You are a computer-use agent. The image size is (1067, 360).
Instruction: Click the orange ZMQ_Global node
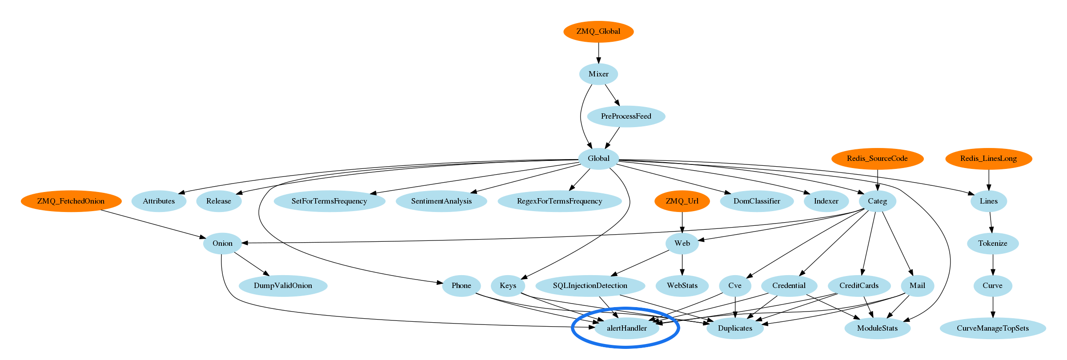coord(598,32)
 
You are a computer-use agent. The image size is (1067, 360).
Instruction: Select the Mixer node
coord(598,74)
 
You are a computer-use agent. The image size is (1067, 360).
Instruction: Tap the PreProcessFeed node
coord(626,116)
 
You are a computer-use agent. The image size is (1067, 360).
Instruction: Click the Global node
coord(598,158)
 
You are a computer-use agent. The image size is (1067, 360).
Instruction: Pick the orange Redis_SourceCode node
coord(877,158)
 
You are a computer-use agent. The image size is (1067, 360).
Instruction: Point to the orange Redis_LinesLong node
coord(988,158)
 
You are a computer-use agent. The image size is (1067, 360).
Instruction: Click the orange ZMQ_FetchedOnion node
coord(71,201)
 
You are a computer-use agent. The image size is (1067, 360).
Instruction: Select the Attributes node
coord(159,201)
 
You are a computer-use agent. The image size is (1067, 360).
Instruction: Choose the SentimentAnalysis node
coord(441,201)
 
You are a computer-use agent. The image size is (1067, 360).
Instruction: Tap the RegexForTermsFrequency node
coord(559,201)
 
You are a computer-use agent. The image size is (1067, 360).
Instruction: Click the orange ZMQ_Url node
coord(682,201)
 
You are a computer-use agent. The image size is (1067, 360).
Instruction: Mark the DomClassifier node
coord(757,201)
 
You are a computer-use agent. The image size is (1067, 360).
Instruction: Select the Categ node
coord(877,201)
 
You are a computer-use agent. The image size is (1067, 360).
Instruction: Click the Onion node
coord(222,243)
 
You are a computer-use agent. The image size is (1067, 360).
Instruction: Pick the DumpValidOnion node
coord(283,285)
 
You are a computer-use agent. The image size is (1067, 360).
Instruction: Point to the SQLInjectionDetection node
coord(590,285)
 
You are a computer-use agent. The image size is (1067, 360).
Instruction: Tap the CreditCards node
coord(859,285)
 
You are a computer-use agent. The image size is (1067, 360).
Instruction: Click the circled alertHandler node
coord(626,328)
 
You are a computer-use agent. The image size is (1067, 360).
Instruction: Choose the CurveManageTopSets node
coord(993,328)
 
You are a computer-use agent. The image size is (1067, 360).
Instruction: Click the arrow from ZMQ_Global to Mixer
coord(598,53)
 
